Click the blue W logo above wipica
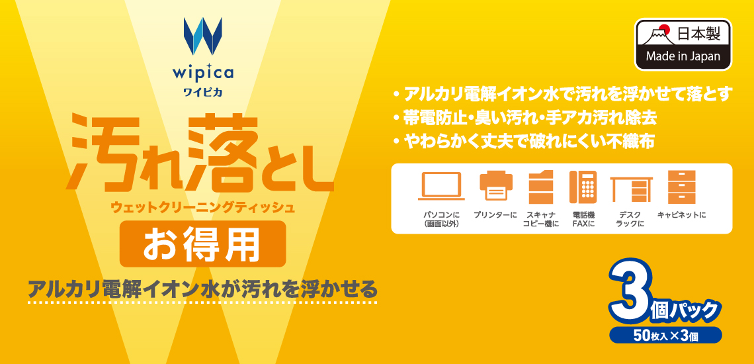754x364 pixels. click(x=203, y=36)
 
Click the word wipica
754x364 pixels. click(x=203, y=73)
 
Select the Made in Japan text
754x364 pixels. click(x=683, y=56)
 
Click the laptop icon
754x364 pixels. click(x=441, y=186)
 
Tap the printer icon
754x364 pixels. click(x=496, y=186)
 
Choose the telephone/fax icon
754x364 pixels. click(x=583, y=187)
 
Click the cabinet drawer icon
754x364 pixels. click(x=681, y=187)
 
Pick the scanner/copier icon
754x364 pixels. click(x=540, y=187)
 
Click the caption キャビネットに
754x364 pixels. click(x=681, y=214)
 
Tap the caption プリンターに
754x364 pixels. click(x=496, y=214)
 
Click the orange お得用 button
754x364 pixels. click(x=202, y=243)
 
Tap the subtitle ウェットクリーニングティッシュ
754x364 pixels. click(x=202, y=208)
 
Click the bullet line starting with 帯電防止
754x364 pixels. click(x=524, y=117)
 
